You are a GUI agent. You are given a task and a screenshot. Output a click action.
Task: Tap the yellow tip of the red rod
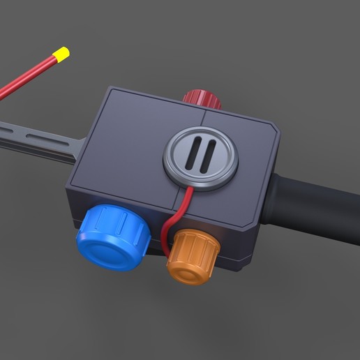coord(61,53)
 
